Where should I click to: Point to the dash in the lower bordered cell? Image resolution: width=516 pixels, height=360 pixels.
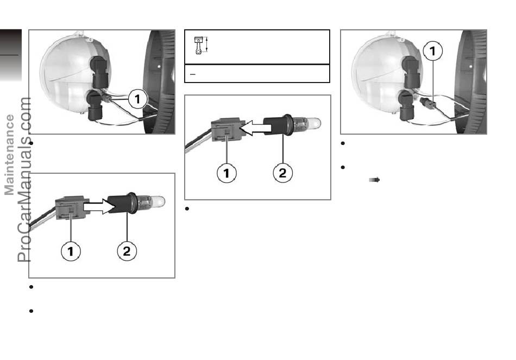click(x=193, y=74)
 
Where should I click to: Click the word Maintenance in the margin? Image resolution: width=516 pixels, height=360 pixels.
click(x=9, y=155)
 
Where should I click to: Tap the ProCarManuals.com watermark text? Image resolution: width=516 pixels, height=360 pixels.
click(x=24, y=180)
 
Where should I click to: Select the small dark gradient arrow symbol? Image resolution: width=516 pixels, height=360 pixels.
click(x=374, y=180)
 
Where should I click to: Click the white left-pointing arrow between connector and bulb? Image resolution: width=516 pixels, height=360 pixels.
click(x=255, y=128)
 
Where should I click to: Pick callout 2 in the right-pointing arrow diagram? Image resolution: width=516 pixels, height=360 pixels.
click(x=127, y=251)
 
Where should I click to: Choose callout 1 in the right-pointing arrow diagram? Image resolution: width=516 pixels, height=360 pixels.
click(x=71, y=251)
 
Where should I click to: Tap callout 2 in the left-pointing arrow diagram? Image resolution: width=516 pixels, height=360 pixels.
click(x=282, y=173)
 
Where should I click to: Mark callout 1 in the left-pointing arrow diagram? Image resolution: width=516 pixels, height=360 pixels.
click(x=226, y=173)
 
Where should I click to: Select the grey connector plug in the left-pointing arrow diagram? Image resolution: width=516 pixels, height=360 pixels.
click(x=226, y=130)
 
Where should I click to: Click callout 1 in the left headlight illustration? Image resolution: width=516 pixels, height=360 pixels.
click(x=137, y=99)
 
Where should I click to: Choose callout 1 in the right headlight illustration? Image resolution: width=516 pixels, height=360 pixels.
click(x=432, y=50)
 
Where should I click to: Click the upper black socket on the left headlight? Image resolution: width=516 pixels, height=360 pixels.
click(x=99, y=72)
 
